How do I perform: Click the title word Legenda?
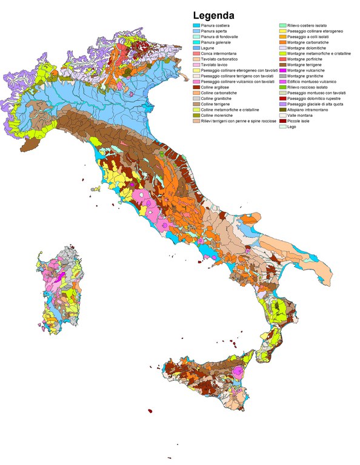click(214, 16)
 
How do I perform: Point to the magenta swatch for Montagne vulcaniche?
click(282, 70)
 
